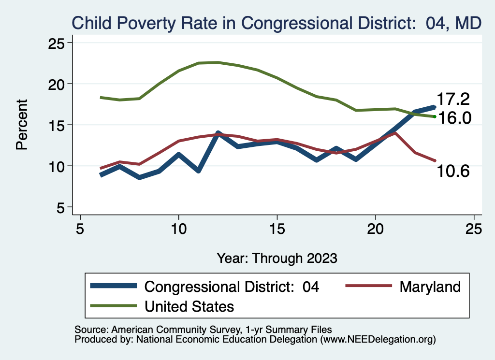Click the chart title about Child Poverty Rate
pyautogui.click(x=276, y=22)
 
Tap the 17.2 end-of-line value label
pyautogui.click(x=453, y=99)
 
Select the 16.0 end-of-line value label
pyautogui.click(x=453, y=117)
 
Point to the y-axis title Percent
pyautogui.click(x=22, y=125)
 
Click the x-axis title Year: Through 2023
pyautogui.click(x=277, y=258)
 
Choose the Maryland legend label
pyautogui.click(x=430, y=287)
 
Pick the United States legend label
pyautogui.click(x=189, y=306)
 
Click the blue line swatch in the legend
pyautogui.click(x=114, y=287)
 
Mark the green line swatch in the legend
pyautogui.click(x=114, y=306)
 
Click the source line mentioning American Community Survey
pyautogui.click(x=203, y=330)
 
